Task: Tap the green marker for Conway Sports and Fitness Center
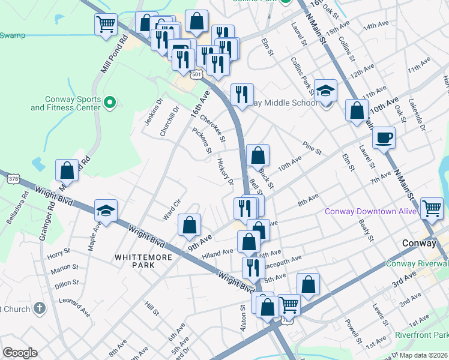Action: click(x=109, y=103)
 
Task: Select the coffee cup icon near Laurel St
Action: click(x=384, y=138)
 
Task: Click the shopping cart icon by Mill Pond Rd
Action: click(x=106, y=25)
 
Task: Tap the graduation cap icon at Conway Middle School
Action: click(x=326, y=91)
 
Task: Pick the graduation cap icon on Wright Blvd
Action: click(x=106, y=211)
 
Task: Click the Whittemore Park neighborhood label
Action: click(x=143, y=261)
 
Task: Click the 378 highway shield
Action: click(x=13, y=178)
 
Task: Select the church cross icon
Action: click(x=40, y=308)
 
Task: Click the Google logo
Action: click(x=20, y=353)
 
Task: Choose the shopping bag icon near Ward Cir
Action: click(x=189, y=226)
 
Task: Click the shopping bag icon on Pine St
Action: click(x=258, y=156)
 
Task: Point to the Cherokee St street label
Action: click(x=212, y=128)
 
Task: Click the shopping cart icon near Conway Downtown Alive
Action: click(x=432, y=208)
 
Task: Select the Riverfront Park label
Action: click(x=421, y=335)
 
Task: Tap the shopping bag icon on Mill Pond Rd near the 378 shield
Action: click(x=67, y=170)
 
